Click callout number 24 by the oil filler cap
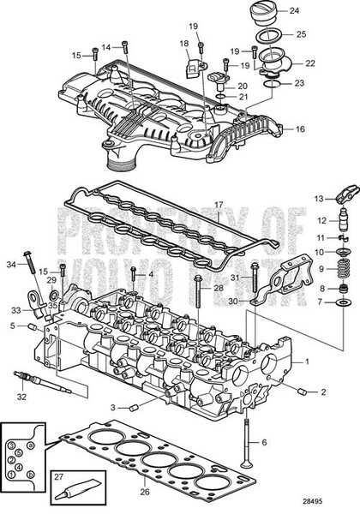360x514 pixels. [294, 11]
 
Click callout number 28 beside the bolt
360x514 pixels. [219, 288]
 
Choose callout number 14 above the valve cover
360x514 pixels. [106, 47]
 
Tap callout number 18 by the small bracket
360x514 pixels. [183, 43]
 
